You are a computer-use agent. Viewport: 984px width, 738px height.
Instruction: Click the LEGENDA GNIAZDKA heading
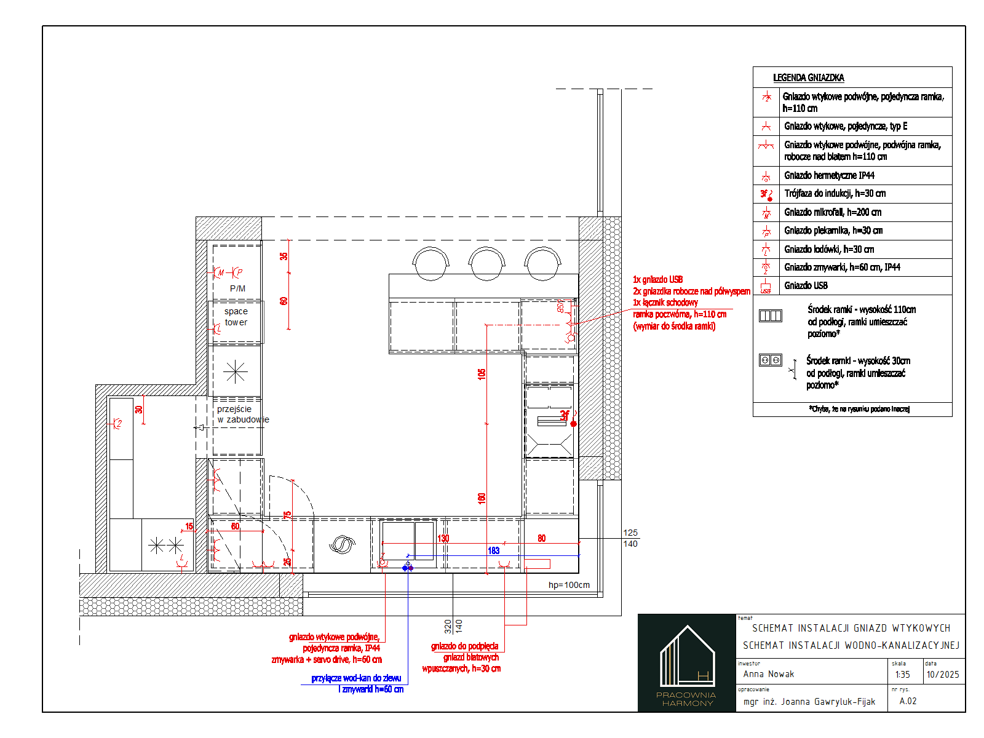pos(808,77)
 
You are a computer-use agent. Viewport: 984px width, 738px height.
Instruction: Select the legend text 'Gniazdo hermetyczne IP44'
pos(828,175)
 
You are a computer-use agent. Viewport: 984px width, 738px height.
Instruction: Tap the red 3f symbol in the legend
pos(766,194)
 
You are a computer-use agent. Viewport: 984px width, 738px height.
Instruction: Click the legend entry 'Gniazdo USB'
pos(806,285)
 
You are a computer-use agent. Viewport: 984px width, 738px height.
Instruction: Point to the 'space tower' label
pos(236,317)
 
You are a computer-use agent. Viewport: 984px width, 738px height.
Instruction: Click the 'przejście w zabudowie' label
pos(242,414)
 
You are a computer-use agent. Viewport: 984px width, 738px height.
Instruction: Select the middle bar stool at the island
pos(486,263)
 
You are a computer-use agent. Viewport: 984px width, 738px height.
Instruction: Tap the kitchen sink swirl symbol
pos(342,545)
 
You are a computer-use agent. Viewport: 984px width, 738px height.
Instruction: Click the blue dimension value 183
pos(493,550)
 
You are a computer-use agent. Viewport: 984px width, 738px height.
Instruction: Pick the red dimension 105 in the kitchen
pos(482,373)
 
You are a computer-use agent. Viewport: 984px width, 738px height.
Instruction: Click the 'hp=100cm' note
pos(569,585)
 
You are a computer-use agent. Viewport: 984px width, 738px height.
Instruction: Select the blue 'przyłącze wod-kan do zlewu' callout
pos(356,678)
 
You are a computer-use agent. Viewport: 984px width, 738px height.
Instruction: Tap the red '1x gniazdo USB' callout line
pos(657,280)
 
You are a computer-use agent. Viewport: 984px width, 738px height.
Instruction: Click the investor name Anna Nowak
pos(768,674)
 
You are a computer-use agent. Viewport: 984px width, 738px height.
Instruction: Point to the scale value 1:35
pos(902,675)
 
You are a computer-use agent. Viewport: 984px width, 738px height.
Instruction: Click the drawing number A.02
pos(908,701)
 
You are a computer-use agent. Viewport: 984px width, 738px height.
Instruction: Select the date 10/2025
pos(942,675)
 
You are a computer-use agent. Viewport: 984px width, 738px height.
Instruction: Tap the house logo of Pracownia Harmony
pos(687,657)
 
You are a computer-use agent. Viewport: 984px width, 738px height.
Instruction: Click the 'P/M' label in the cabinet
pos(237,288)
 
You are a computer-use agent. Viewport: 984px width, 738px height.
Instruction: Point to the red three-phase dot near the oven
pos(573,424)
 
